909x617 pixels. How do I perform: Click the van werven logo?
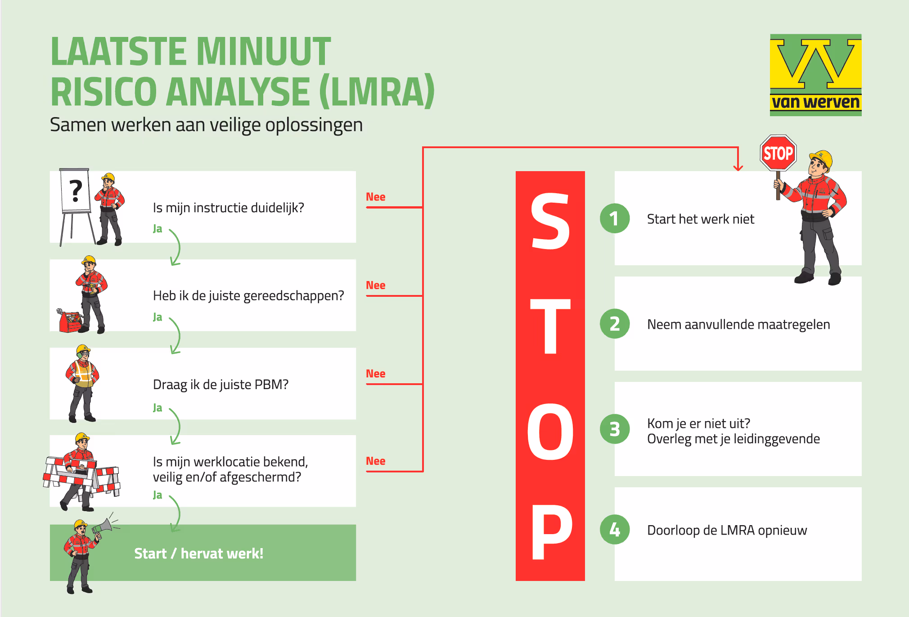[x=815, y=75]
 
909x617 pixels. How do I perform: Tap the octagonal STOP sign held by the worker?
[x=778, y=153]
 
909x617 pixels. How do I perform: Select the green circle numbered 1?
[x=615, y=218]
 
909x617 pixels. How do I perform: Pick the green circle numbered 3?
[x=615, y=429]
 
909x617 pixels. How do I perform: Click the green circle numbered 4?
[x=615, y=530]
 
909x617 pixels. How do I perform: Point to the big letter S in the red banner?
[x=550, y=221]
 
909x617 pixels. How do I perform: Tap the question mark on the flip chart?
[x=76, y=190]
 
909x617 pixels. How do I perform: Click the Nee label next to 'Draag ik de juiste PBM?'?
[x=375, y=374]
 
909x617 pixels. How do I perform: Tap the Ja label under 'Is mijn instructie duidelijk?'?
[x=157, y=229]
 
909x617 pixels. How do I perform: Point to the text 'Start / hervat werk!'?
[x=198, y=553]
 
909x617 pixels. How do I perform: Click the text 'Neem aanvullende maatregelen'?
[x=738, y=324]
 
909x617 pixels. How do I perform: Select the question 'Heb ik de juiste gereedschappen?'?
[x=248, y=296]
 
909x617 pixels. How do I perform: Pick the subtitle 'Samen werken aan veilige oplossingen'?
[x=206, y=125]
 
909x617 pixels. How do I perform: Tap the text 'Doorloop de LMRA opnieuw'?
[x=727, y=530]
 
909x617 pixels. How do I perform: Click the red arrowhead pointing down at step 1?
[x=738, y=168]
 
